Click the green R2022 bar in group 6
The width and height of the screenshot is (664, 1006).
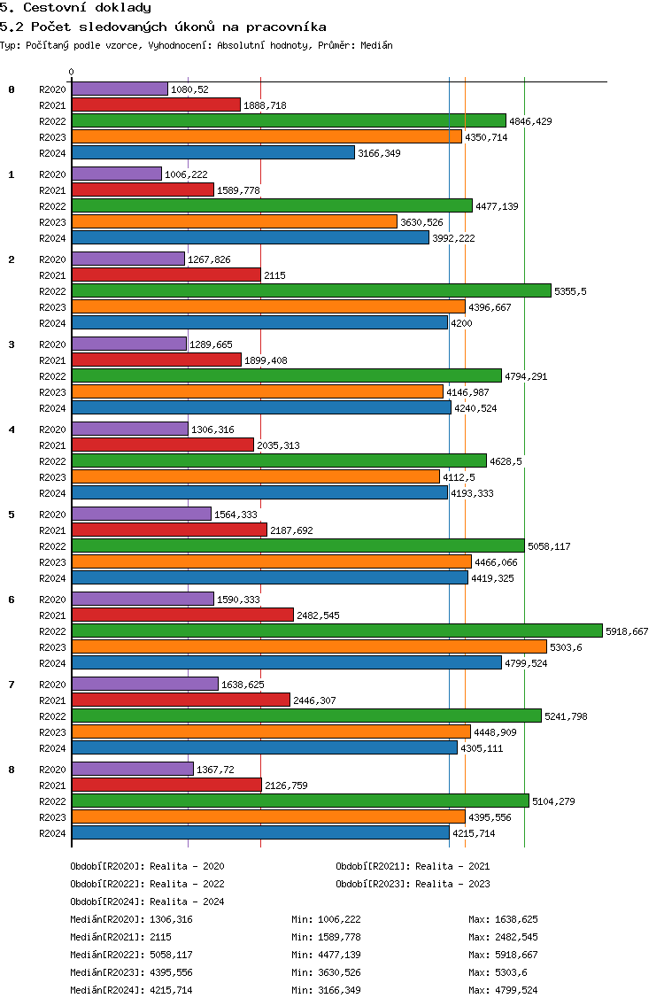[x=336, y=631]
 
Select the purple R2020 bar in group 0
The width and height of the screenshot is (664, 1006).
[x=120, y=89]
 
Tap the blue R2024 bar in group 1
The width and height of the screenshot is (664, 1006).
[x=250, y=237]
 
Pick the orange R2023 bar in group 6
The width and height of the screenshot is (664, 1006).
[x=309, y=646]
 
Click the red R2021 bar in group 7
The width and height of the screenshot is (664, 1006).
[x=181, y=700]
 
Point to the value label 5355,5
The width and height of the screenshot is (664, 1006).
[x=570, y=291]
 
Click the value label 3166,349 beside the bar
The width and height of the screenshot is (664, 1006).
[x=379, y=153]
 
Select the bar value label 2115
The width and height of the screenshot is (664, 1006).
[x=274, y=275]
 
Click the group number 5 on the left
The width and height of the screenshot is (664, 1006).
[x=12, y=515]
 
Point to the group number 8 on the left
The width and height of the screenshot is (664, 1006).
[x=12, y=770]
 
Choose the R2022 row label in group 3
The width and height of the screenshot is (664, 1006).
[x=52, y=376]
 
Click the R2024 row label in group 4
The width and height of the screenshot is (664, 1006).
[x=52, y=493]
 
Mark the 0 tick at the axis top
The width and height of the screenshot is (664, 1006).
[x=72, y=73]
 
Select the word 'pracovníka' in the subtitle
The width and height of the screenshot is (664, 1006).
[x=277, y=27]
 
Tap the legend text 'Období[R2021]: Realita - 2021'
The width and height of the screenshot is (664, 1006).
[x=413, y=866]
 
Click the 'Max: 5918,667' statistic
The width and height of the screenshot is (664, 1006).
[x=503, y=955]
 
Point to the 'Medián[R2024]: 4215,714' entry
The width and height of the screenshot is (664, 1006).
[x=131, y=990]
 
